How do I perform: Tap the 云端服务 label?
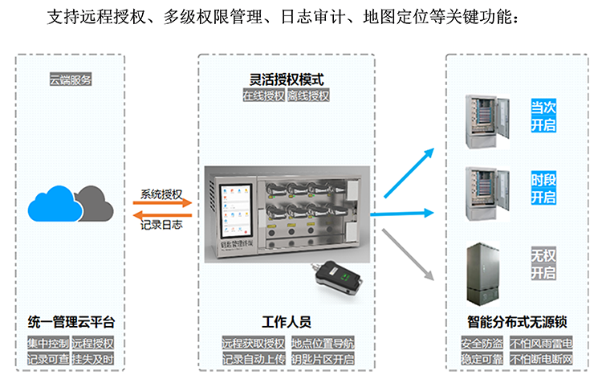pyautogui.click(x=71, y=79)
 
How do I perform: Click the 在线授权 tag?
pyautogui.click(x=264, y=96)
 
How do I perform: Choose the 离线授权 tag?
pyautogui.click(x=308, y=96)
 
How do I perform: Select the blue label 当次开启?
pyautogui.click(x=543, y=116)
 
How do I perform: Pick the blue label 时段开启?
pyautogui.click(x=543, y=188)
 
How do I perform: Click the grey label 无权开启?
pyautogui.click(x=543, y=264)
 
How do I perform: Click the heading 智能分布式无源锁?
pyautogui.click(x=517, y=323)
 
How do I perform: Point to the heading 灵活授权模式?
pyautogui.click(x=287, y=79)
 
